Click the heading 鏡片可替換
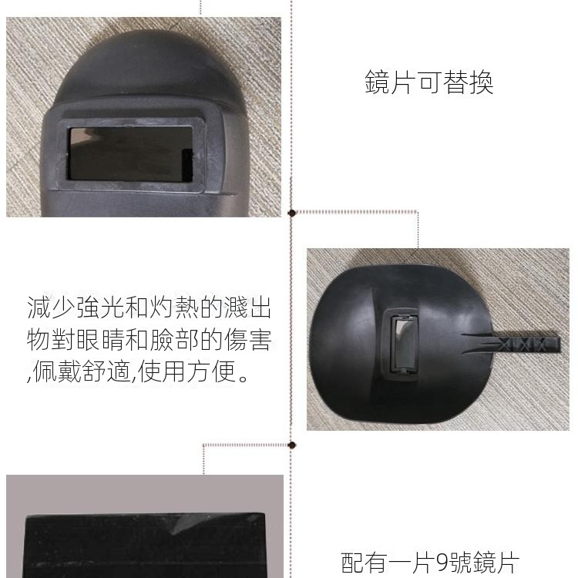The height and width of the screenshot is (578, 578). click(429, 82)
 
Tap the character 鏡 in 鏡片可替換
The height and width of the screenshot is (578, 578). click(377, 82)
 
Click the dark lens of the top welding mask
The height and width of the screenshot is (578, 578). click(131, 154)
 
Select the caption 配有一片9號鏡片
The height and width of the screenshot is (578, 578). click(430, 563)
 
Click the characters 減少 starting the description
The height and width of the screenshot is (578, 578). click(51, 307)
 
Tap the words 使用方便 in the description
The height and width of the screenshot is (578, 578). click(187, 371)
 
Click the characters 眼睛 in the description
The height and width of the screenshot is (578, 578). click(100, 339)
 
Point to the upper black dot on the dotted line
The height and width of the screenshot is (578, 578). click(292, 213)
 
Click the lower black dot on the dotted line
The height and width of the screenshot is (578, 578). click(292, 445)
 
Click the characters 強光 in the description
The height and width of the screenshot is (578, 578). click(100, 307)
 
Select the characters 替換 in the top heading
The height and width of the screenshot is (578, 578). click(468, 82)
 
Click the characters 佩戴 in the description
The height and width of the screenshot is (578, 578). click(57, 371)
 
